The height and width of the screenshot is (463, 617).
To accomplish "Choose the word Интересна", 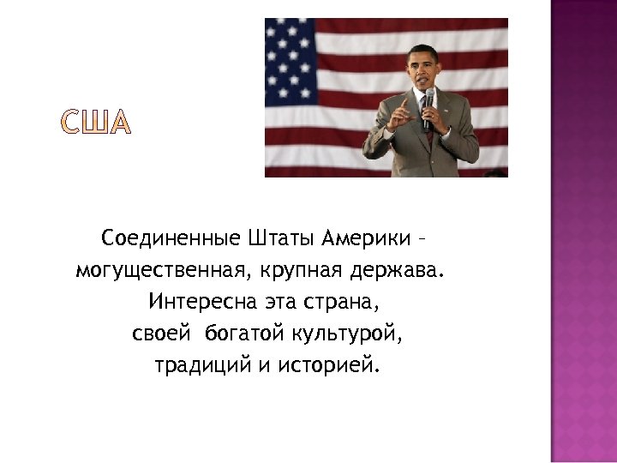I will (x=193, y=302).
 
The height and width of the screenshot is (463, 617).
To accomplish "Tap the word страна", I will (x=343, y=302).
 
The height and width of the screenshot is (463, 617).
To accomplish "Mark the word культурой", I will (x=347, y=334).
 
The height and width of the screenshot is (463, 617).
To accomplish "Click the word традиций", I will (x=202, y=366).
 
